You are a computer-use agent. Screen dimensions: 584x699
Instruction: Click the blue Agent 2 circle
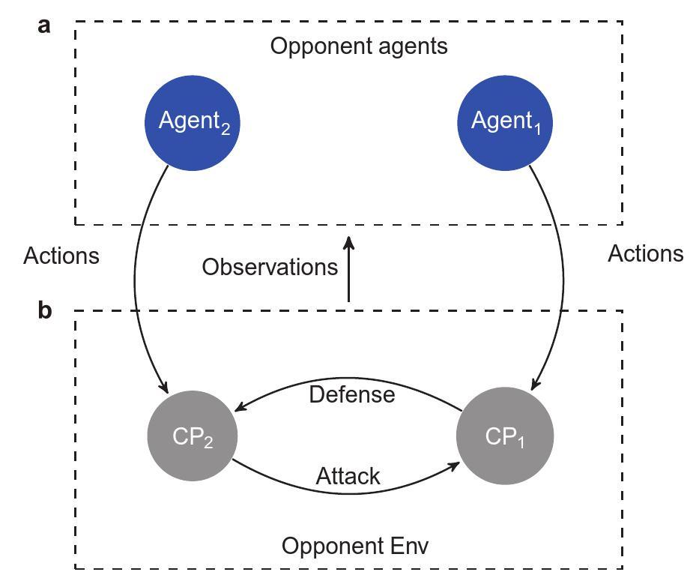193,123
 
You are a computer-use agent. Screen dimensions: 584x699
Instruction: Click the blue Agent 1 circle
505,123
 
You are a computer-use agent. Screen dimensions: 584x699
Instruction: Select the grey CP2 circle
193,436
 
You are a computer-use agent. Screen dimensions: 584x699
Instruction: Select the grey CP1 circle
505,436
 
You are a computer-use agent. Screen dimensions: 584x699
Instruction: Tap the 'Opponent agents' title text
359,46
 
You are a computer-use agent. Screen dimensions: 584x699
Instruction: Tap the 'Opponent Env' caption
355,546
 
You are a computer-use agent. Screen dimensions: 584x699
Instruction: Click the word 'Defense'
351,394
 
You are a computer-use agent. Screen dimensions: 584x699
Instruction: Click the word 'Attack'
348,476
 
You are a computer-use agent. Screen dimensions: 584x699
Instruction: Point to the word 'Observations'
270,267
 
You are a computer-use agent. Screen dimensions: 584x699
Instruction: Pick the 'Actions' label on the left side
61,256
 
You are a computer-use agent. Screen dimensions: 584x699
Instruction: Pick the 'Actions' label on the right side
645,254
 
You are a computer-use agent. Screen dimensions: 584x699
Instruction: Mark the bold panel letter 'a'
45,25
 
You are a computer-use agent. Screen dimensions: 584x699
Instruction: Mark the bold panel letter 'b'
45,310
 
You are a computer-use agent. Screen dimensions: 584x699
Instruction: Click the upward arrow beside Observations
348,270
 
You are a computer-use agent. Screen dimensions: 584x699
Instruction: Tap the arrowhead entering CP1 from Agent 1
534,385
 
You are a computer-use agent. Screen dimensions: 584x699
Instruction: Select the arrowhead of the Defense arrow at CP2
239,408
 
